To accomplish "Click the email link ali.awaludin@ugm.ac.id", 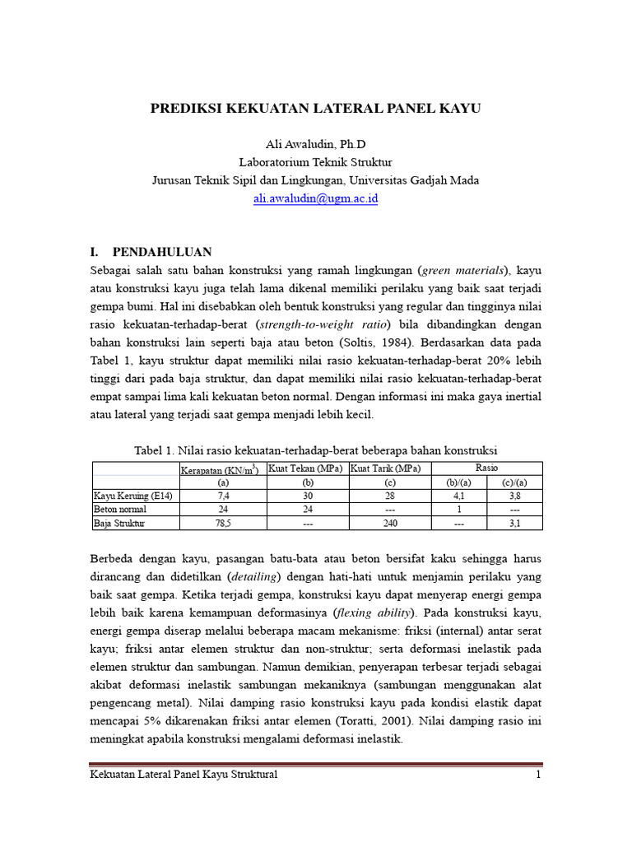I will click(315, 198).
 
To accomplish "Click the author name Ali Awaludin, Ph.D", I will click(315, 144).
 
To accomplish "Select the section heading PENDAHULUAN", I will click(162, 252).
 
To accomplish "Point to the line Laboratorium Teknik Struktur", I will click(315, 162).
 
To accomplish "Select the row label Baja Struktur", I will click(116, 523).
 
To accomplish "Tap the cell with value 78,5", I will click(222, 523).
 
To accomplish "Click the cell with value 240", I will click(390, 523).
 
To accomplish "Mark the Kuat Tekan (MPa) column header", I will click(307, 468).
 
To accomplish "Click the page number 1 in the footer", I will click(538, 775).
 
